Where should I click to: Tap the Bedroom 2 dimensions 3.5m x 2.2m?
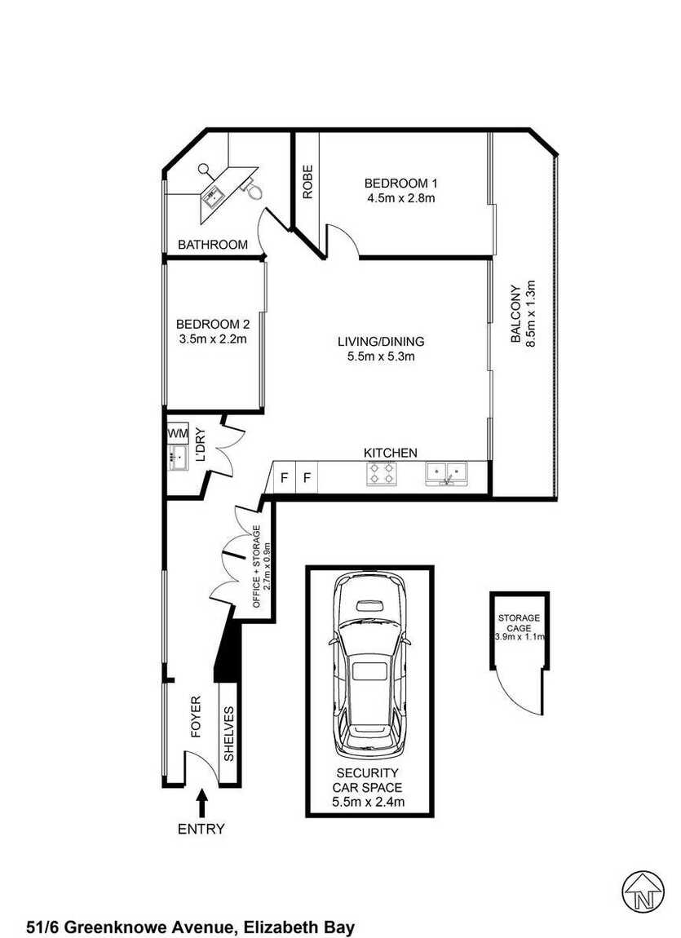point(213,339)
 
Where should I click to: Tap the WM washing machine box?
point(178,432)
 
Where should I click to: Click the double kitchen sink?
point(447,473)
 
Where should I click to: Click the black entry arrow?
point(202,803)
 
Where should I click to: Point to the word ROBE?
point(307,182)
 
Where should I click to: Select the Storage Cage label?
point(519,622)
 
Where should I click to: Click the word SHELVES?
point(228,734)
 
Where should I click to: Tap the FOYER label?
point(196,715)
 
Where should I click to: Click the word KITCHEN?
point(391,453)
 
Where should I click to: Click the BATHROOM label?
point(213,244)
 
